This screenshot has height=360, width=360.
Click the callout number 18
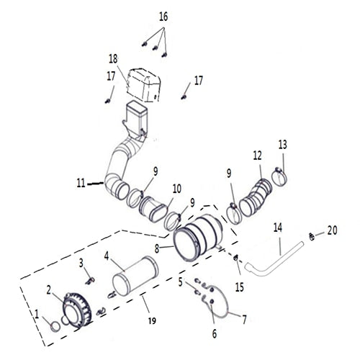(x=113, y=58)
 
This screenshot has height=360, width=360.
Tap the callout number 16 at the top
(x=163, y=17)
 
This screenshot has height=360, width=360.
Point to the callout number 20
(x=331, y=230)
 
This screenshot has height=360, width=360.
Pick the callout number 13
(x=282, y=145)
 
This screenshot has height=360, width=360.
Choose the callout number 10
(x=176, y=189)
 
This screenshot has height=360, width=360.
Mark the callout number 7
(x=243, y=318)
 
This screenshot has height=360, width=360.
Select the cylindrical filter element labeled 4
(x=136, y=279)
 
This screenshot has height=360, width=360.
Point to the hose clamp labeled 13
(x=281, y=174)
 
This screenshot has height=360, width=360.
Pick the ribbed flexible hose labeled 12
(x=255, y=197)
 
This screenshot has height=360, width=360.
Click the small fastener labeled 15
(x=236, y=259)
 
